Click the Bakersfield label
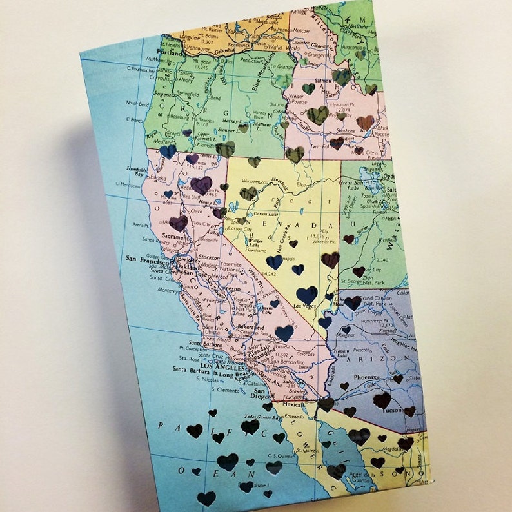234,326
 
